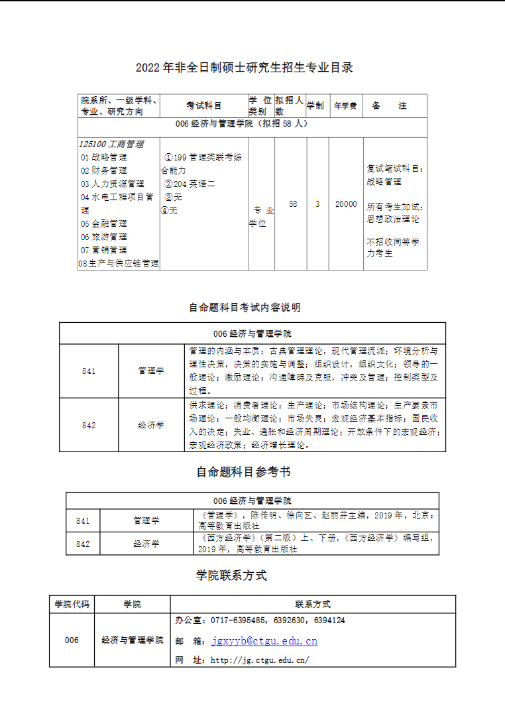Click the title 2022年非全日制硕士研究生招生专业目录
click(x=245, y=68)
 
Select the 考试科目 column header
click(x=204, y=106)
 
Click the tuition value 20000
click(x=345, y=204)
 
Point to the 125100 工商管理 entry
click(x=111, y=144)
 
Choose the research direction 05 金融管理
click(x=104, y=223)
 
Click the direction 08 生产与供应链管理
click(x=119, y=263)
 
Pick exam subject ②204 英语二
click(x=190, y=184)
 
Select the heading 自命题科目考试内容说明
click(x=245, y=308)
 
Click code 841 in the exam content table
click(x=89, y=371)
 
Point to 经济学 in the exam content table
click(x=151, y=425)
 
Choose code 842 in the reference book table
click(x=83, y=544)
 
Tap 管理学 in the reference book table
click(x=146, y=520)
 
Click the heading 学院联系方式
click(x=231, y=575)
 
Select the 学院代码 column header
click(x=72, y=604)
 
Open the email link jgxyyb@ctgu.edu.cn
click(x=264, y=641)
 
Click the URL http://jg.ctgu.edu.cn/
click(x=260, y=660)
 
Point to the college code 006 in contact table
click(x=72, y=640)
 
